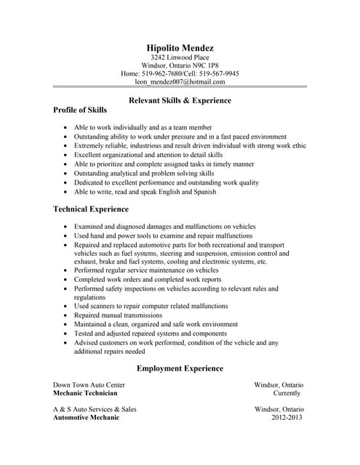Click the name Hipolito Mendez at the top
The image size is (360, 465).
(x=180, y=48)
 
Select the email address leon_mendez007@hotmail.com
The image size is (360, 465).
(x=180, y=82)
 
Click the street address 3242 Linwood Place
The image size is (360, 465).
(x=180, y=57)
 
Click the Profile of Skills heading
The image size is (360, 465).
(x=80, y=110)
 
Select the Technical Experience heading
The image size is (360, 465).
(x=91, y=209)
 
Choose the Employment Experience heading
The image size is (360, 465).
(x=180, y=368)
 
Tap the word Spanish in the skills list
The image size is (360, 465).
(x=205, y=193)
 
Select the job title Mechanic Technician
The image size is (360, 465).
(x=86, y=393)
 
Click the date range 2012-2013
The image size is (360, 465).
(x=287, y=418)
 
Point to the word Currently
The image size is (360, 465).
(x=287, y=393)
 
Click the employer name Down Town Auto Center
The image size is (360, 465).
(x=89, y=384)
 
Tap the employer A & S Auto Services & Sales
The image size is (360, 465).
(x=95, y=409)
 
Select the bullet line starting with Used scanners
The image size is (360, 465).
(x=151, y=306)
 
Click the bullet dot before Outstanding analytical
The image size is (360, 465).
(x=66, y=174)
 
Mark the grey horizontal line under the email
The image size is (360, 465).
(x=180, y=88)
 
